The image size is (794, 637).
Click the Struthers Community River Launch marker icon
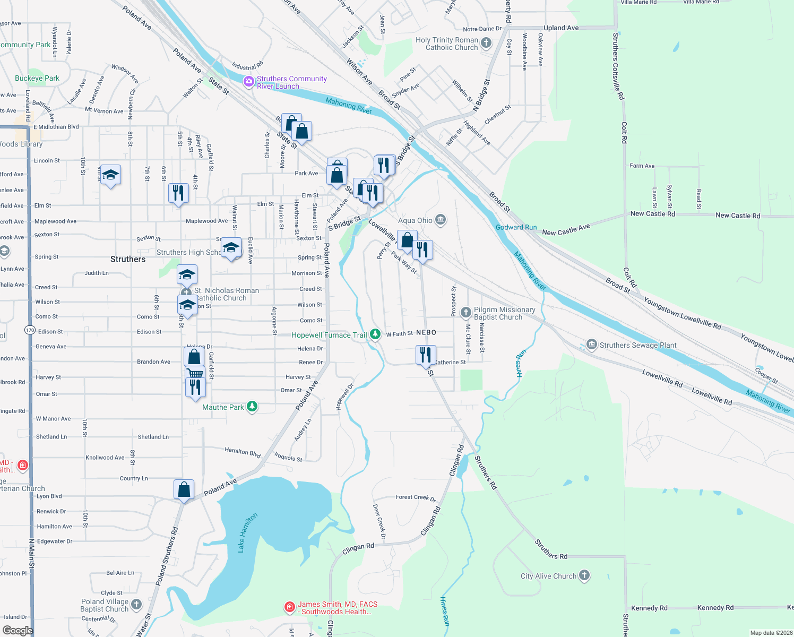(x=248, y=82)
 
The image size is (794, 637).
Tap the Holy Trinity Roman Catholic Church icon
(x=486, y=44)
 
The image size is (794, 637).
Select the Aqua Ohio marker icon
(x=440, y=220)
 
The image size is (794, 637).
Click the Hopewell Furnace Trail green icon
(x=375, y=334)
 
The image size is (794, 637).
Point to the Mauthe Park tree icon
(x=252, y=407)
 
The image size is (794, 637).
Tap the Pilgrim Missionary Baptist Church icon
(x=465, y=312)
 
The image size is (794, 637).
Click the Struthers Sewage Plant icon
(x=591, y=345)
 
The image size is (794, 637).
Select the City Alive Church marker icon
(x=584, y=575)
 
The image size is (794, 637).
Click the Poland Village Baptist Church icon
(x=136, y=604)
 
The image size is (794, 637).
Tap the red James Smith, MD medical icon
(x=289, y=607)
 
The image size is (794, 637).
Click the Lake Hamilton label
(x=247, y=532)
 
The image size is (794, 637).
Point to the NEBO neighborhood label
(x=426, y=332)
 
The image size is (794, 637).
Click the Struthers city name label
(x=128, y=259)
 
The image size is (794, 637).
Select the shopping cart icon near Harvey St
(x=195, y=374)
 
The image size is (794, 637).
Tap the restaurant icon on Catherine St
(x=426, y=354)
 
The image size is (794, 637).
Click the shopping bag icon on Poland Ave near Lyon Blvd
(x=184, y=488)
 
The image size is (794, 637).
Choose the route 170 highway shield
(x=30, y=330)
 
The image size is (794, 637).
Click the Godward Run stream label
(x=516, y=227)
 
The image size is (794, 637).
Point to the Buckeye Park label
(x=37, y=78)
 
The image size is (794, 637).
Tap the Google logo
(x=18, y=630)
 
